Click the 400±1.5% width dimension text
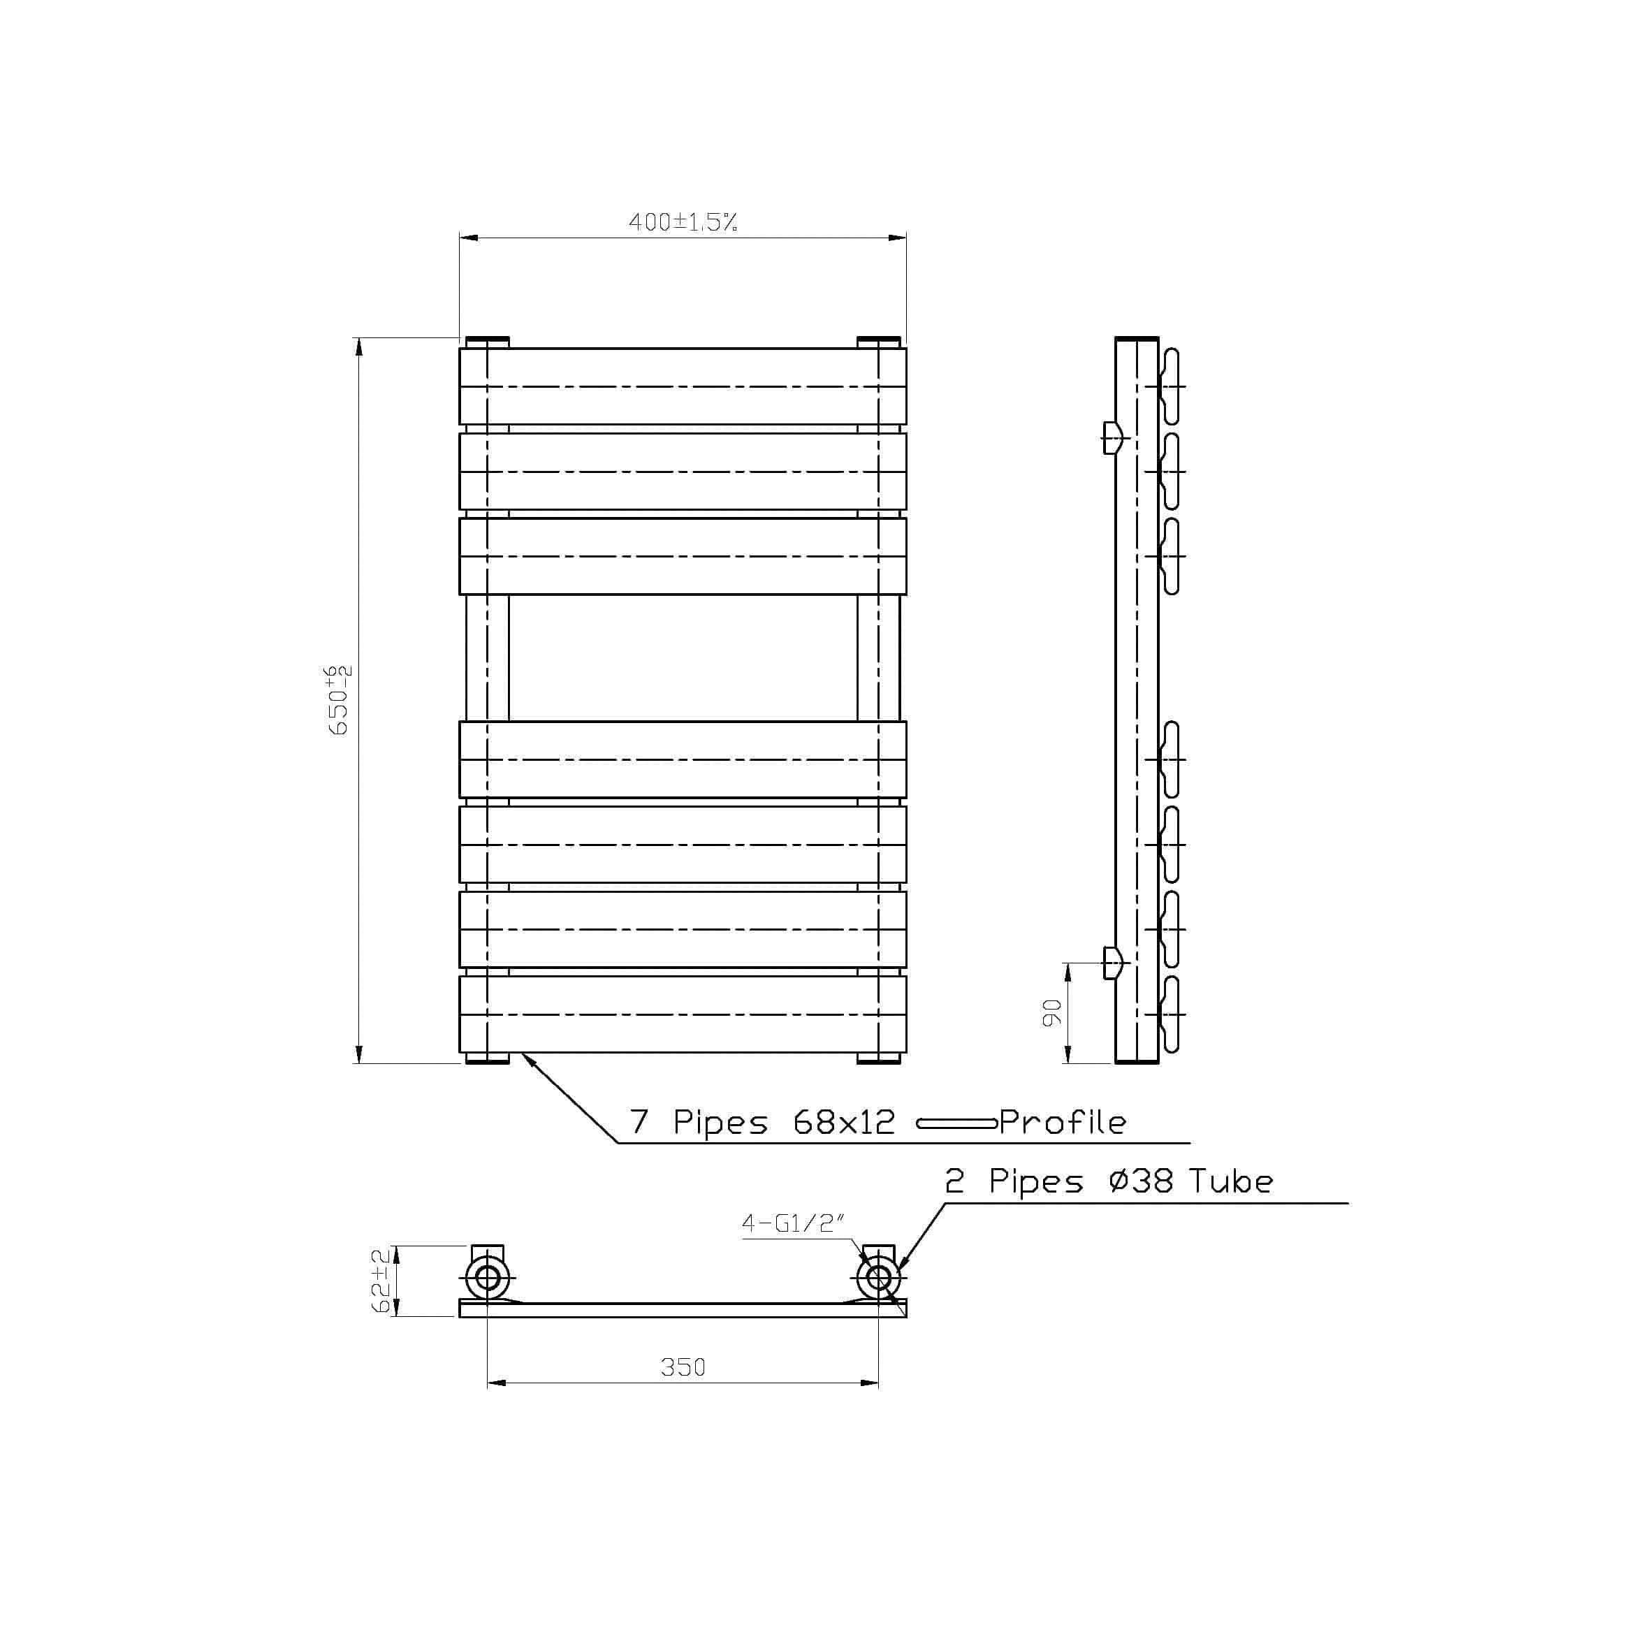pyautogui.click(x=683, y=222)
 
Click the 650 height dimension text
pyautogui.click(x=340, y=699)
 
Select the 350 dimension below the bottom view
pyautogui.click(x=683, y=1367)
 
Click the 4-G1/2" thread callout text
pyautogui.click(x=792, y=1223)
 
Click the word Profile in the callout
pyautogui.click(x=1063, y=1122)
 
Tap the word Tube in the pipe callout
pyautogui.click(x=1231, y=1180)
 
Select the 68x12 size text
pyautogui.click(x=844, y=1122)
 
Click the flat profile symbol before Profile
pyautogui.click(x=956, y=1123)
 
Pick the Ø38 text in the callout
pyautogui.click(x=1140, y=1180)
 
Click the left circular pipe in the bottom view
pyautogui.click(x=488, y=1277)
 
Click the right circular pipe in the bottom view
pyautogui.click(x=878, y=1277)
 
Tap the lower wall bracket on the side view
pyautogui.click(x=1114, y=962)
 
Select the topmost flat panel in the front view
pyautogui.click(x=683, y=386)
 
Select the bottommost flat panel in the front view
pyautogui.click(x=683, y=1014)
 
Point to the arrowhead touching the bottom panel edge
pyautogui.click(x=527, y=1058)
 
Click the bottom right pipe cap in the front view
pyautogui.click(x=878, y=1058)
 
